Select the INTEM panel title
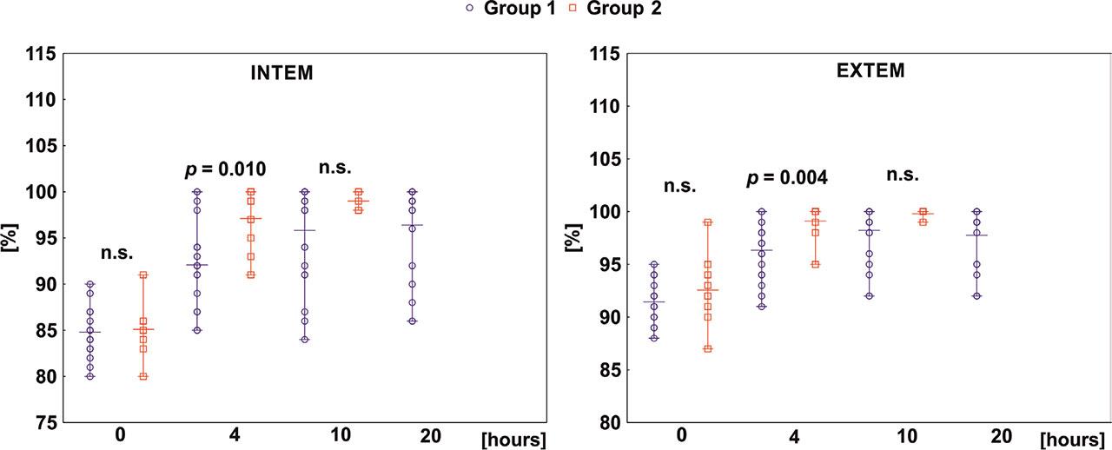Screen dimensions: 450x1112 tap(276, 74)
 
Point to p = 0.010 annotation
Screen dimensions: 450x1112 tap(225, 169)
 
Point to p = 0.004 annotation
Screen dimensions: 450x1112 tap(787, 178)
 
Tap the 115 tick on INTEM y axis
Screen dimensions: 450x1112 tap(42, 55)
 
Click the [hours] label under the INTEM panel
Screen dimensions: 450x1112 tap(513, 439)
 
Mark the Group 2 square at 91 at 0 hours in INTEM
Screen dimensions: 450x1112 tap(143, 275)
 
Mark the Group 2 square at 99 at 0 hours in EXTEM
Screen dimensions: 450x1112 tap(708, 222)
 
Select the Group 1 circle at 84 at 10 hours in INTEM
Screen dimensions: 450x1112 tap(304, 340)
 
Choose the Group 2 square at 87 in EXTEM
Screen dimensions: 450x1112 tap(708, 348)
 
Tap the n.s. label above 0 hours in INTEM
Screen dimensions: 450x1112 tap(116, 253)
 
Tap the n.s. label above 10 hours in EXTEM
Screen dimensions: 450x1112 tap(903, 175)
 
